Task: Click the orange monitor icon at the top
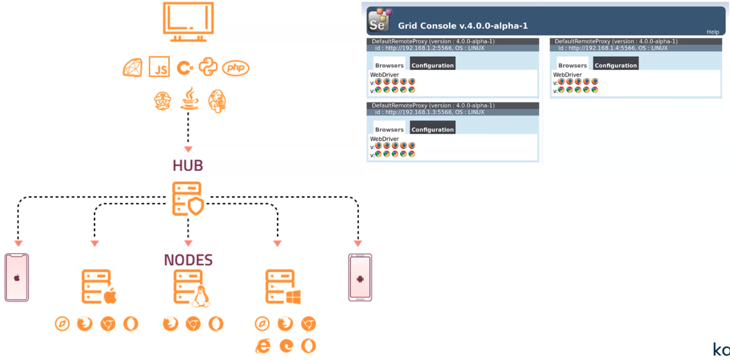[188, 22]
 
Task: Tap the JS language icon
[159, 67]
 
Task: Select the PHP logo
[235, 68]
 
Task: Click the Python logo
[208, 67]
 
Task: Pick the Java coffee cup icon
[188, 99]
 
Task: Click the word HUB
[188, 165]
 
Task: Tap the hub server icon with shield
[188, 199]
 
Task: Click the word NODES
[189, 260]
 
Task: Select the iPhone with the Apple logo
[17, 278]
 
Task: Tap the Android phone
[360, 278]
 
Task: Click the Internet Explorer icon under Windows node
[262, 345]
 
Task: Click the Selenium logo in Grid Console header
[379, 20]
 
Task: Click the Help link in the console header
[713, 32]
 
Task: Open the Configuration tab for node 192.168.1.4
[616, 65]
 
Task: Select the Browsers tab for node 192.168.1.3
[389, 129]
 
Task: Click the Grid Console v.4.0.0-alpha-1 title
[463, 25]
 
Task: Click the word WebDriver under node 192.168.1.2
[385, 75]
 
